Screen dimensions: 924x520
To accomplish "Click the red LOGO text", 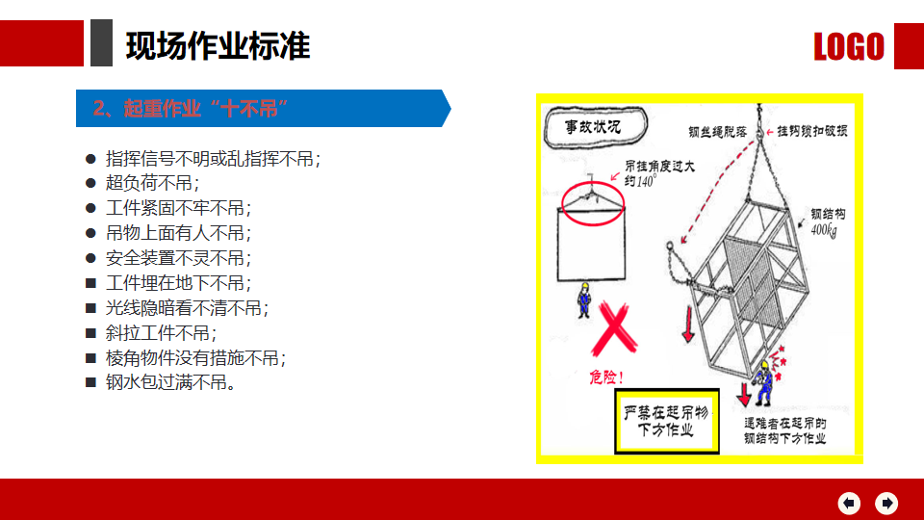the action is [849, 46].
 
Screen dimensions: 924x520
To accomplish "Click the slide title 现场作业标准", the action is [218, 46].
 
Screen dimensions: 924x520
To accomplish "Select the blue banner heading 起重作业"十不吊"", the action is [191, 109].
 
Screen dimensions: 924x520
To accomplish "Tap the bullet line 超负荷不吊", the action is [153, 183].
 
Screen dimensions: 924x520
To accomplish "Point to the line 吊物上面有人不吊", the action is [179, 233].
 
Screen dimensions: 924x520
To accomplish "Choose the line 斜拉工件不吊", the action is [161, 333].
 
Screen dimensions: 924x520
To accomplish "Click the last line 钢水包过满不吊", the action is [171, 382].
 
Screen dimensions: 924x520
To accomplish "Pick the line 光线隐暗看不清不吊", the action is [187, 308].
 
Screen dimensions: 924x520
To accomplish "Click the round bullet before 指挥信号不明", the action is [90, 159].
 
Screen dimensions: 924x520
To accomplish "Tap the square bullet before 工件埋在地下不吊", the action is [90, 283].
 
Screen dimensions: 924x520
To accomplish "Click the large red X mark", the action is [614, 329].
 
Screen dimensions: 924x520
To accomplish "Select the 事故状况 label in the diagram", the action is [593, 127].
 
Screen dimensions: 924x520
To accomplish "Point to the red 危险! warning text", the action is [606, 377].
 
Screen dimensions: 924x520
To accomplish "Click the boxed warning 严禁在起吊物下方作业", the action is [666, 421].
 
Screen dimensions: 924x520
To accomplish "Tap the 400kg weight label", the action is [824, 230].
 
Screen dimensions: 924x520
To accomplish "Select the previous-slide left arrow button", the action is [849, 503].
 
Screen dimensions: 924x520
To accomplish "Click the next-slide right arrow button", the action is [886, 503].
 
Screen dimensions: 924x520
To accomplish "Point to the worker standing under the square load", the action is [584, 300].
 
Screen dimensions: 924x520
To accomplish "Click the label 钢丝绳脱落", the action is [718, 132].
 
